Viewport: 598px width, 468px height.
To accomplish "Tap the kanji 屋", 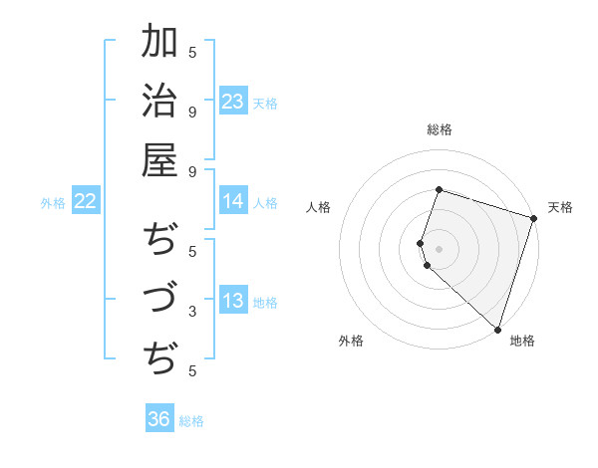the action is click(x=159, y=160).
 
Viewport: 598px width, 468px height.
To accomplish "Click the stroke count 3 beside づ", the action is click(x=192, y=312).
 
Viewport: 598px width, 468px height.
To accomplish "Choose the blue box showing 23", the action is click(x=233, y=102).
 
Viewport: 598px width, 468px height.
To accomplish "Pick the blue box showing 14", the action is click(x=233, y=202).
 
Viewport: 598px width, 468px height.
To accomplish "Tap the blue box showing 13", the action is click(x=233, y=302).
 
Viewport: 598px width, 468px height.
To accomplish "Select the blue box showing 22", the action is click(x=86, y=202).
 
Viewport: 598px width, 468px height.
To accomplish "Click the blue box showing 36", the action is click(x=159, y=419).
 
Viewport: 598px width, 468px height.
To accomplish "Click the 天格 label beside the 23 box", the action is click(x=265, y=103).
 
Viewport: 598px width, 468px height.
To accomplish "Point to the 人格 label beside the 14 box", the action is click(x=265, y=203).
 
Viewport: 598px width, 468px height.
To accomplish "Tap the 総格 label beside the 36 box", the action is click(x=191, y=421).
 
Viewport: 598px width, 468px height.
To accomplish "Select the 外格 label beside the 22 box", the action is click(x=53, y=203).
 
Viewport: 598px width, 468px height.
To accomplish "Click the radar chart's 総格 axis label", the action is click(x=439, y=129).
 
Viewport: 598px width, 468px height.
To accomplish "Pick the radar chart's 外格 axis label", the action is click(x=351, y=341).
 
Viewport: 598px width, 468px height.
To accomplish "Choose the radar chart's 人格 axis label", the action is click(x=319, y=207).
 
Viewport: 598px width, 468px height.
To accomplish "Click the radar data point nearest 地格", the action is click(x=497, y=329).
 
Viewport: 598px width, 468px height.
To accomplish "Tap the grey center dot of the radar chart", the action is click(x=439, y=248).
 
